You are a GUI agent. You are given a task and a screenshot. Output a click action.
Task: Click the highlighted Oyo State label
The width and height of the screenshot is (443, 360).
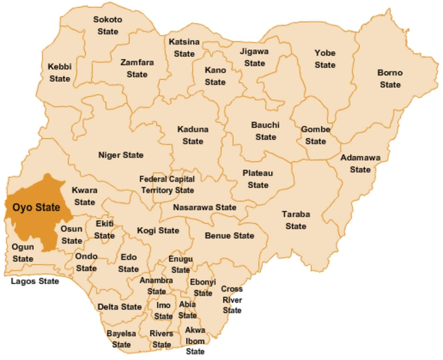coord(36,207)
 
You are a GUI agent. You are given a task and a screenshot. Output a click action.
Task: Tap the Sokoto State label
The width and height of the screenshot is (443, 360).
coord(108,25)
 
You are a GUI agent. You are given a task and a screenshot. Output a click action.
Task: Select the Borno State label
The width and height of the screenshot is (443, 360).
coord(390,79)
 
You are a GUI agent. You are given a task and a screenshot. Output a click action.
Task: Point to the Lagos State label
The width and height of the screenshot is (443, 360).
coord(35,281)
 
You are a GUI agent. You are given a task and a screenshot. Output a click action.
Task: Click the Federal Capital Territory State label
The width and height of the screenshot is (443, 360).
coord(167,185)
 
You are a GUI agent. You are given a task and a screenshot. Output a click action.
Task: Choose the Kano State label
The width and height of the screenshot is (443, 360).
coord(215,76)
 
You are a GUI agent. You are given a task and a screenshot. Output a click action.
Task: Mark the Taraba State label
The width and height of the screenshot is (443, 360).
coord(296,220)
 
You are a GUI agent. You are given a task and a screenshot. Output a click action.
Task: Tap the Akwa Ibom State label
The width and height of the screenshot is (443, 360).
coord(195,341)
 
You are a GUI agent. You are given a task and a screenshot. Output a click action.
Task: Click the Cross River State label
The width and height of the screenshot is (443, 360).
coord(232,299)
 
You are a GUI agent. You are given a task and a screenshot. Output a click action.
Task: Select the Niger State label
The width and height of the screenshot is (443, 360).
coord(121,155)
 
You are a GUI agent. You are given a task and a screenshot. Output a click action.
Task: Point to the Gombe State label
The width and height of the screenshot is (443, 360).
coord(315,135)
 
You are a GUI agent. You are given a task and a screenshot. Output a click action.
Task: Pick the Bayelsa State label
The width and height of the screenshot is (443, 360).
coord(121,339)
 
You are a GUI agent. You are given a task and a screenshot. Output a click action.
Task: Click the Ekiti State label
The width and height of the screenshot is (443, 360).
coord(104,230)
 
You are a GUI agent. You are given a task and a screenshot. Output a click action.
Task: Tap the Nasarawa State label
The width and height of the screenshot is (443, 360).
coord(205,207)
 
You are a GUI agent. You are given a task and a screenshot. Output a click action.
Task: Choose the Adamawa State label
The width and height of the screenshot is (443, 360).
coord(360,164)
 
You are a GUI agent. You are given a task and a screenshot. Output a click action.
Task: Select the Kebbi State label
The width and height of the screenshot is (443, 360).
coord(60,73)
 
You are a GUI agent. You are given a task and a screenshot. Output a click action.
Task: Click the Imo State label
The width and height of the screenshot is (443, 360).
coord(163,311)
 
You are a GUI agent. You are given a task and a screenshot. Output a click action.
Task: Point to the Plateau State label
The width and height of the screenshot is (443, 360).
coord(258,179)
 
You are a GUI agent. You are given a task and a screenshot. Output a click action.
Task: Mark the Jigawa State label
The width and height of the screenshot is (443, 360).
coord(254,57)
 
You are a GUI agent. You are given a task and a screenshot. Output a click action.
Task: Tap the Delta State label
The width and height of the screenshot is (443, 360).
coord(120,307)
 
